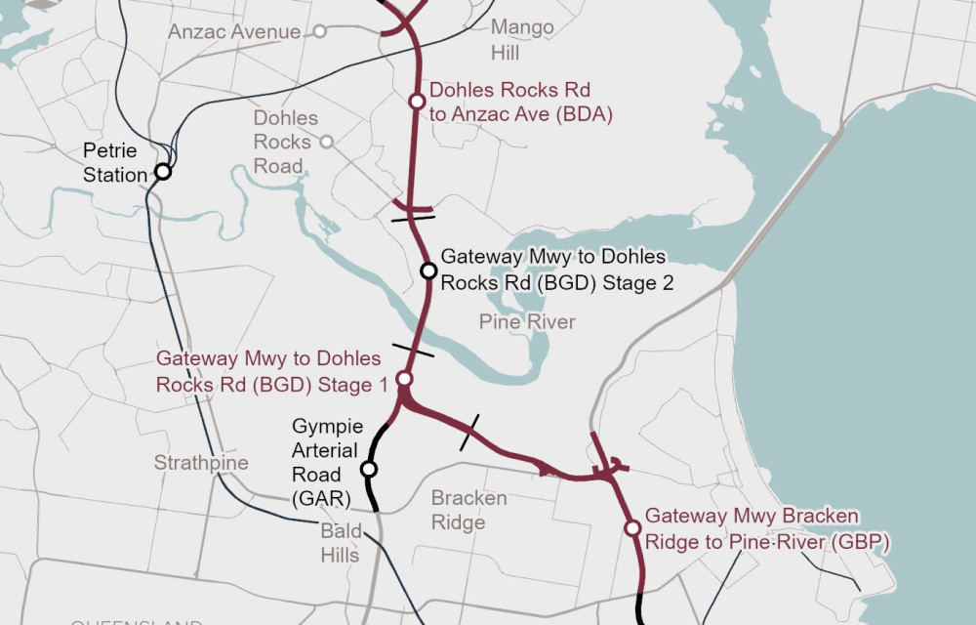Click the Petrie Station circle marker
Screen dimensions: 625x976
click(x=163, y=172)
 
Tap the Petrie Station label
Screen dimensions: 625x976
click(x=109, y=163)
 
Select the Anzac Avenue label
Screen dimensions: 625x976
click(x=234, y=32)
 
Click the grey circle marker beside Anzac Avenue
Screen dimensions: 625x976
click(x=318, y=32)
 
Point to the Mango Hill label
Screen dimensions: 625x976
click(x=522, y=39)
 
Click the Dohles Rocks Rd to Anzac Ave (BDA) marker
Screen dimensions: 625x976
click(x=417, y=102)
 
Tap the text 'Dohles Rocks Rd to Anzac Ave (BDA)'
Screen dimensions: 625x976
click(x=520, y=103)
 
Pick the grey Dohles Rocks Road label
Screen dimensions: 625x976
click(x=285, y=142)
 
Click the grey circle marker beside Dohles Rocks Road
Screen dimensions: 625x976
click(x=326, y=142)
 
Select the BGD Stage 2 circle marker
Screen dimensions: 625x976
click(x=427, y=271)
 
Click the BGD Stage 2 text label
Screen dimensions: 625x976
click(x=556, y=271)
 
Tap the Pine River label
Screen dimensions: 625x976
click(x=527, y=322)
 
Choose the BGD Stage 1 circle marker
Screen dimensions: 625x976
click(x=403, y=379)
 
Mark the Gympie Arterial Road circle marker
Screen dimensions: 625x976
click(x=369, y=469)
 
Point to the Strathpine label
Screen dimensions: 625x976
click(x=201, y=463)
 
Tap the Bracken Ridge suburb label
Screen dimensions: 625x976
click(x=468, y=510)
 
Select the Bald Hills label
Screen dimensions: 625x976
click(x=341, y=543)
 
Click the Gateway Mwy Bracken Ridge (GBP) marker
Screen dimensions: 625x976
click(x=632, y=528)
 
